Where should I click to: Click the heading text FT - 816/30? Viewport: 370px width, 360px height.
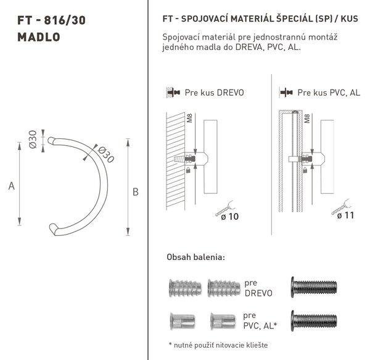[51, 20]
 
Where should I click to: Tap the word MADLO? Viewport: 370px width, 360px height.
[39, 37]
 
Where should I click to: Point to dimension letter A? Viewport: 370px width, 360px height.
[11, 186]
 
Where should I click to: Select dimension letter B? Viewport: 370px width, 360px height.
[136, 192]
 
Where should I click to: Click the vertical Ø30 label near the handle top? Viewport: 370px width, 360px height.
[33, 139]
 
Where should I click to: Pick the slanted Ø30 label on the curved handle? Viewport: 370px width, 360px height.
[106, 155]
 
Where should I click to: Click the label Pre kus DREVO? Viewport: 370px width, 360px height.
[214, 93]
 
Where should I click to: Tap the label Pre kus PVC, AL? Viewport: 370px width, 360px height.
[329, 93]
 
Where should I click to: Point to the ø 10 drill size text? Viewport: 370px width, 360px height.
[230, 216]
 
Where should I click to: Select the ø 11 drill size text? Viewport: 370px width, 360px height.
[346, 216]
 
